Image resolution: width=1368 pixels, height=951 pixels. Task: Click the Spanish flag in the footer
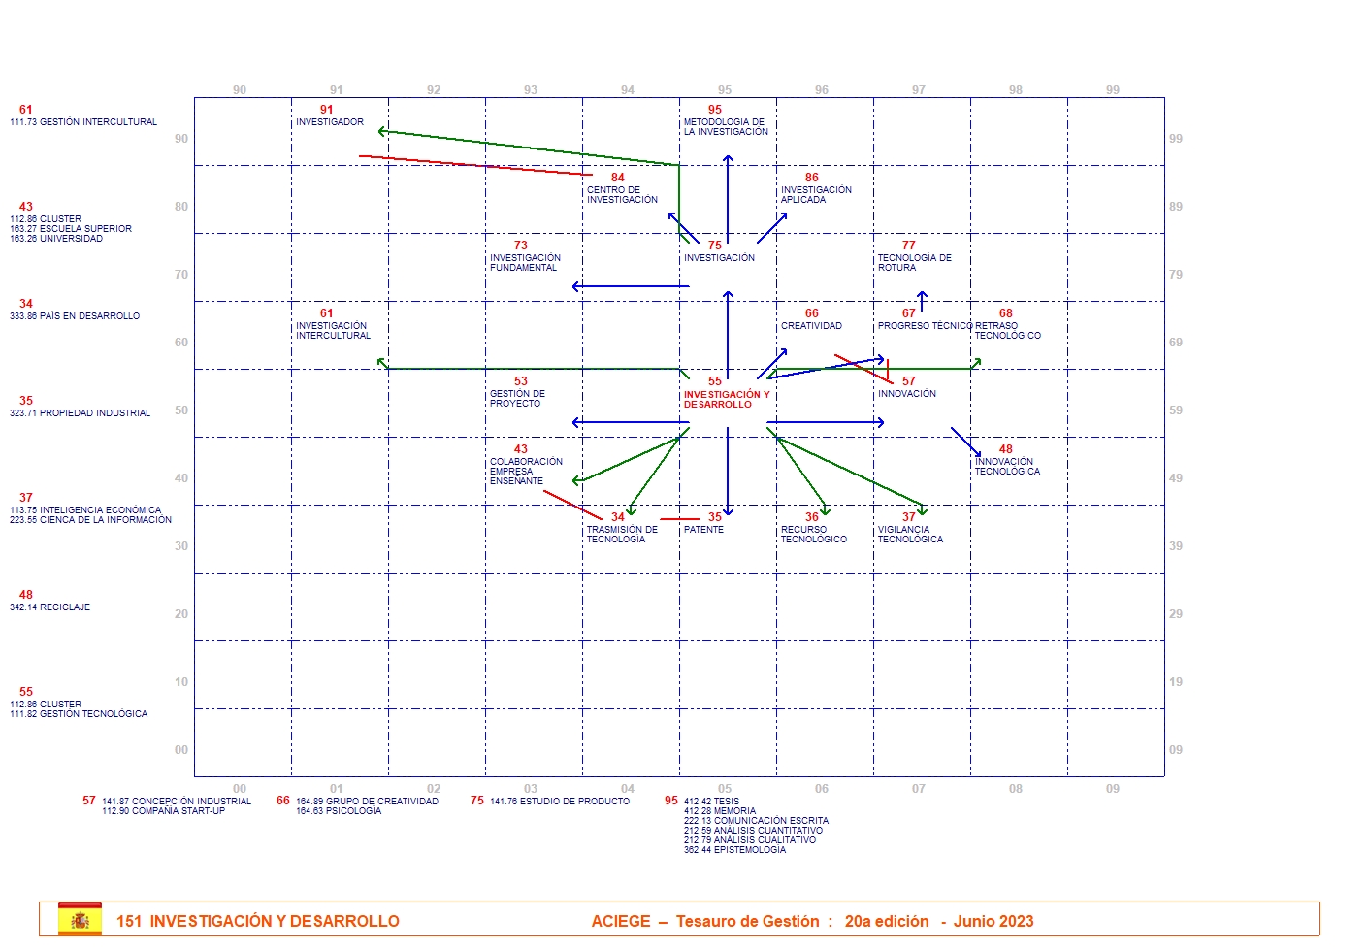point(80,920)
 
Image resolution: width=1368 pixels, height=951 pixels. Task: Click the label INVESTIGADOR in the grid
point(330,122)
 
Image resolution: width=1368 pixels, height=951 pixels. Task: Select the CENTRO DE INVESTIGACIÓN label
point(622,195)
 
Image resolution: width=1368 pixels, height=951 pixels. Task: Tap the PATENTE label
point(703,530)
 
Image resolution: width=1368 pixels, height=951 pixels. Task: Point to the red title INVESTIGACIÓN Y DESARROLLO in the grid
point(726,400)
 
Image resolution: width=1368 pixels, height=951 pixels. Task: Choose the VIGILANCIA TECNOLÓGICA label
point(910,535)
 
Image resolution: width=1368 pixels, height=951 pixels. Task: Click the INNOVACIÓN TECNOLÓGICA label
point(1007,467)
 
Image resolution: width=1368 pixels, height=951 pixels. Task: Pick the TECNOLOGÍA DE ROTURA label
point(914,263)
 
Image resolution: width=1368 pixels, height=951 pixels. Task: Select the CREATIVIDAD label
point(811,326)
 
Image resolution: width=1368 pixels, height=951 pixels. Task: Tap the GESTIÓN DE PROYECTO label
point(517,399)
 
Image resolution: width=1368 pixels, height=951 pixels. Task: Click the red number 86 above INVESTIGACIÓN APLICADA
point(812,178)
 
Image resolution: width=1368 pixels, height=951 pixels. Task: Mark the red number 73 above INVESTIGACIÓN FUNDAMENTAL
point(521,246)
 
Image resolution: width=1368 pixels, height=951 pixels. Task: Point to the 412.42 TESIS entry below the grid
point(711,802)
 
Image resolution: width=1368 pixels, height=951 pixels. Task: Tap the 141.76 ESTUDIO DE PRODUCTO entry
point(559,802)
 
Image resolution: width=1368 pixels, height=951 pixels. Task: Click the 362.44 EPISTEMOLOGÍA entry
point(734,850)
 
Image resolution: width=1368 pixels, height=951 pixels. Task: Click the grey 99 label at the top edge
point(1113,90)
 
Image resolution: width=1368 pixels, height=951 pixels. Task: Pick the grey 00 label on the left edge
point(181,750)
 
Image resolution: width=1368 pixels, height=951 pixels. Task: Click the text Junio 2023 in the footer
point(993,921)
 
